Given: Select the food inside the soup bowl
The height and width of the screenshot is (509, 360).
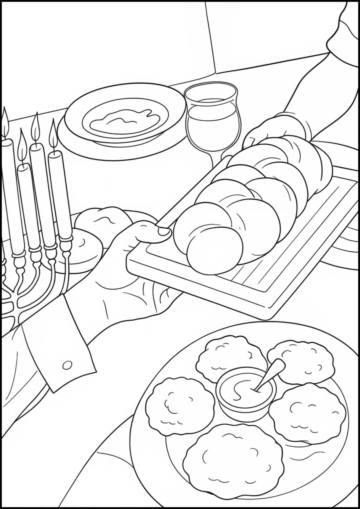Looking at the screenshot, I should click(x=124, y=122).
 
